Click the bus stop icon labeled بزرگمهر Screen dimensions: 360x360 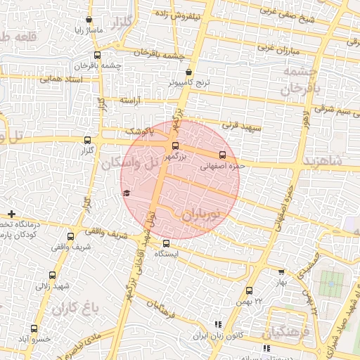(x=175, y=146)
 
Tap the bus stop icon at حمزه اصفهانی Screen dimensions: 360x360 (x=223, y=154)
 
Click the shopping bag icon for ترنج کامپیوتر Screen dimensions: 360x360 (x=188, y=72)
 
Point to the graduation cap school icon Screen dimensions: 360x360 (x=127, y=193)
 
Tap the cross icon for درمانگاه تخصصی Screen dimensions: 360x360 (x=12, y=213)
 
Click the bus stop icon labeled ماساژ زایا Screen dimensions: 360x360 (x=89, y=20)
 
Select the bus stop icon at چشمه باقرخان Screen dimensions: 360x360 (x=97, y=55)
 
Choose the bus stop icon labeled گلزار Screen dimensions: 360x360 (x=87, y=140)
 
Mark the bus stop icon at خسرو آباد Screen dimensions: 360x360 (x=34, y=328)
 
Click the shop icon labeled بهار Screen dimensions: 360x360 (x=282, y=271)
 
